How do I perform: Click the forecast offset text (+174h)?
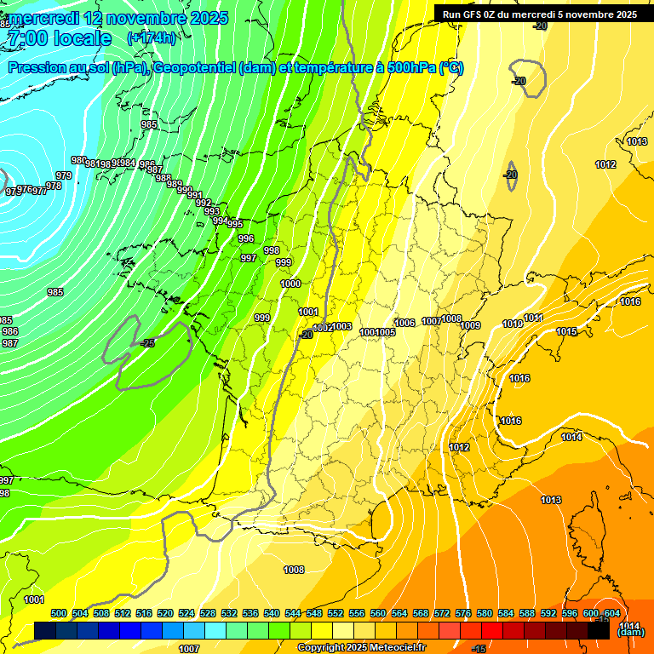pyautogui.click(x=152, y=37)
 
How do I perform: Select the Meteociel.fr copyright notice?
pyautogui.click(x=360, y=647)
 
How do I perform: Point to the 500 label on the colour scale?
pyautogui.click(x=59, y=613)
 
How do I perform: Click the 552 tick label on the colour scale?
pyautogui.click(x=336, y=613)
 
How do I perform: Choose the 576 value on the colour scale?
pyautogui.click(x=463, y=613)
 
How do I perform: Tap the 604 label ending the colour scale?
pyautogui.click(x=612, y=613)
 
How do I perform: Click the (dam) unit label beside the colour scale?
pyautogui.click(x=630, y=632)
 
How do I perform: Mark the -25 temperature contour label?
pyautogui.click(x=147, y=343)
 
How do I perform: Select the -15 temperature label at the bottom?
pyautogui.click(x=479, y=649)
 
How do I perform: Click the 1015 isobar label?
pyautogui.click(x=566, y=331)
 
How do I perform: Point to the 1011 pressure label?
pyautogui.click(x=533, y=318)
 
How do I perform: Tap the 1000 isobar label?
pyautogui.click(x=290, y=284)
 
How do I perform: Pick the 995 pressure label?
pyautogui.click(x=234, y=224)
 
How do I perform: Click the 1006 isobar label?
pyautogui.click(x=405, y=323)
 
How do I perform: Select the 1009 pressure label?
pyautogui.click(x=471, y=325)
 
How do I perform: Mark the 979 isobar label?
pyautogui.click(x=63, y=175)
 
